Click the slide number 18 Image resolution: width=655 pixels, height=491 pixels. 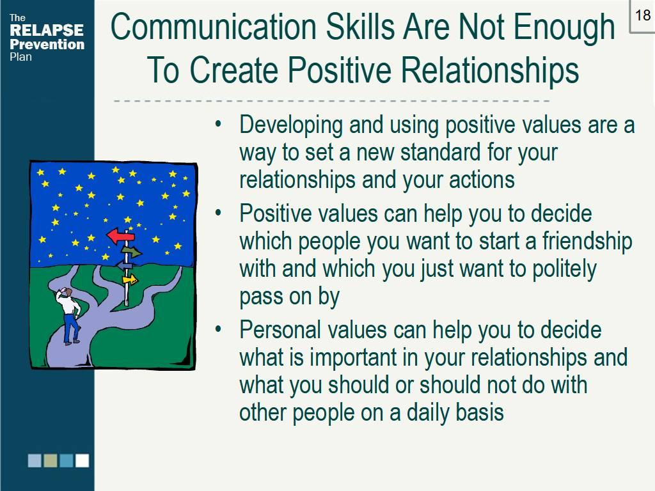642,15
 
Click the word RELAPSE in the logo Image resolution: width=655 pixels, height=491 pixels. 47,30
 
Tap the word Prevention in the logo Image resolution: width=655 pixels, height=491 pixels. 47,44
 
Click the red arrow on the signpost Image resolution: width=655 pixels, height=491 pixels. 120,236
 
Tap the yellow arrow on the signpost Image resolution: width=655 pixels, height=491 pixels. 130,279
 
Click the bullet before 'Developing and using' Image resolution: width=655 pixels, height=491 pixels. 219,123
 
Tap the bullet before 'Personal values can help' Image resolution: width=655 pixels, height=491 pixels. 219,329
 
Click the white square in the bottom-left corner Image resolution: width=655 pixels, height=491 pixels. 82,461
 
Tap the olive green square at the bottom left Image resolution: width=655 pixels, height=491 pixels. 51,461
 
